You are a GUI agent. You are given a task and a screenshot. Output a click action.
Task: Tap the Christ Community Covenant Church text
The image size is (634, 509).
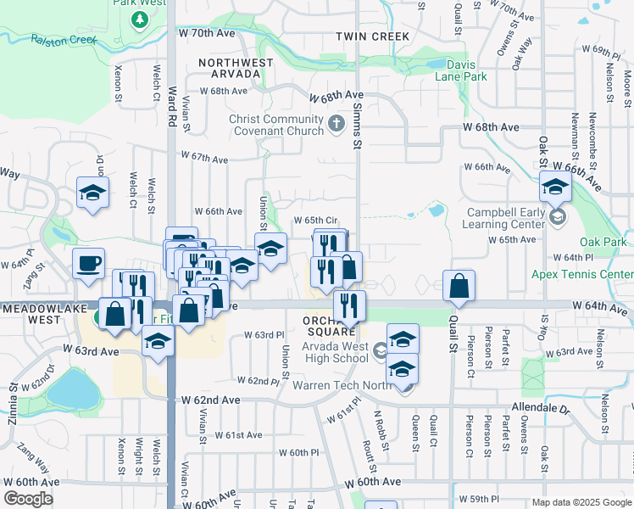click(x=276, y=126)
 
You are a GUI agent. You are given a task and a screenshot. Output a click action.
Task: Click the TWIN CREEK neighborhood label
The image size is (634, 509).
click(x=372, y=36)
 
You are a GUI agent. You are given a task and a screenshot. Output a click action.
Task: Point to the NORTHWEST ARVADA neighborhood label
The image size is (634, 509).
click(x=236, y=68)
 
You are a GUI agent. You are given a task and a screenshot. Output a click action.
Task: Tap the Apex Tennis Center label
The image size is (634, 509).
click(x=581, y=274)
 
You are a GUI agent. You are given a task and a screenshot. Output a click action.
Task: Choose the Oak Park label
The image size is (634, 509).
click(x=603, y=242)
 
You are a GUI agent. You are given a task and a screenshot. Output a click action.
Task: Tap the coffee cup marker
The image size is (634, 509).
click(x=88, y=264)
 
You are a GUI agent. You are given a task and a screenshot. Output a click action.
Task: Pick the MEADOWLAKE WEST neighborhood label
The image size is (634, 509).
click(x=31, y=315)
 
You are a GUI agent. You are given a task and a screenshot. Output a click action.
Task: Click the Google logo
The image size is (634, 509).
click(x=28, y=499)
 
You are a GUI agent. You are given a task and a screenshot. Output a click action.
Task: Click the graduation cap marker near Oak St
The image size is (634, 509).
click(x=554, y=187)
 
